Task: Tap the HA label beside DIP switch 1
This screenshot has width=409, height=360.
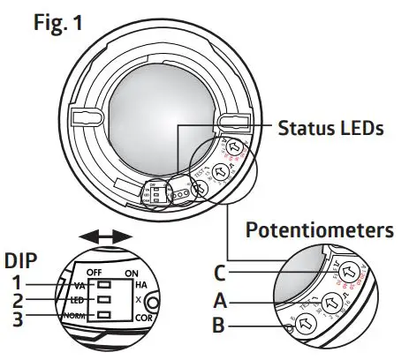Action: (x=141, y=284)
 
